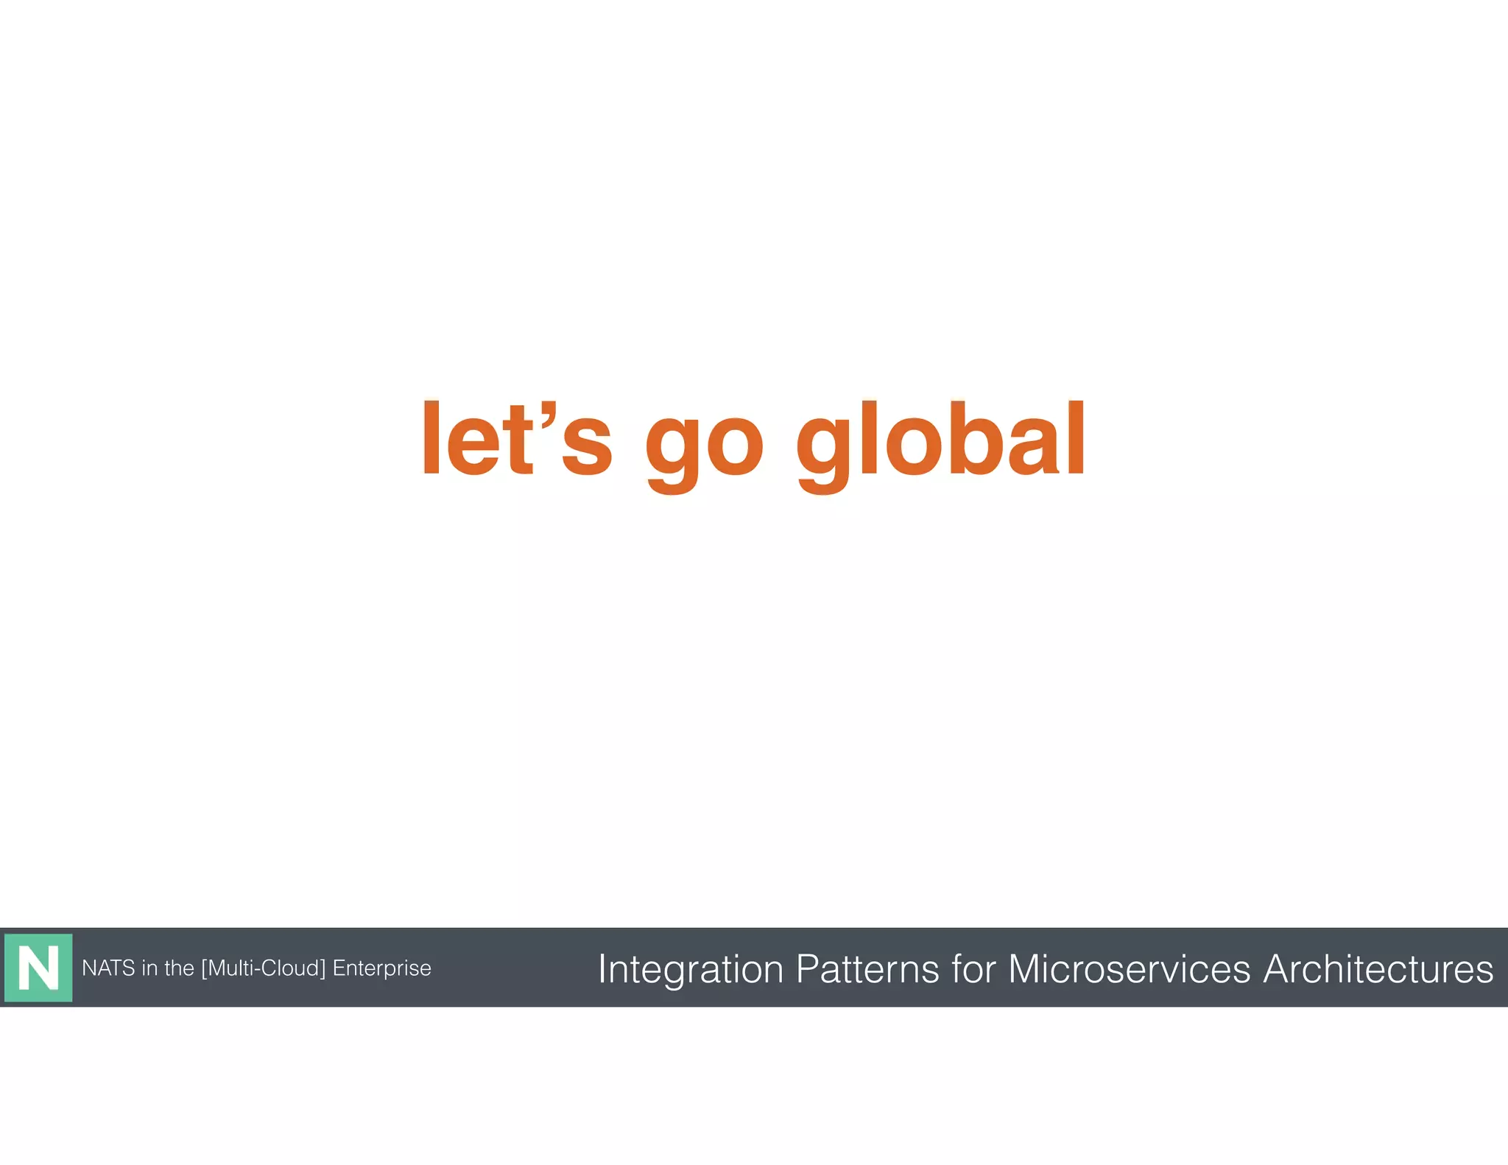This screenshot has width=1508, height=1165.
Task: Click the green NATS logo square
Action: pyautogui.click(x=38, y=968)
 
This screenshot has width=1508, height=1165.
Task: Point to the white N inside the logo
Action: pyautogui.click(x=38, y=968)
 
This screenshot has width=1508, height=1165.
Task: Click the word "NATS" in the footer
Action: pyautogui.click(x=108, y=968)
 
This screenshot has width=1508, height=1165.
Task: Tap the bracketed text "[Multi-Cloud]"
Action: pyautogui.click(x=263, y=968)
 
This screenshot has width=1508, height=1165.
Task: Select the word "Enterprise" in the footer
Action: pyautogui.click(x=381, y=968)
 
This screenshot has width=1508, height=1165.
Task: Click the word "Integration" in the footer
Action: pyautogui.click(x=691, y=969)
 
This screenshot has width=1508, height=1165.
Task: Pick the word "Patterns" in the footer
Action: pyautogui.click(x=867, y=968)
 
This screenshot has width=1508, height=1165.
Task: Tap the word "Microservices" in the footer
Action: pyautogui.click(x=1129, y=968)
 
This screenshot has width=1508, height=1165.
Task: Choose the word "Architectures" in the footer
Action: pyautogui.click(x=1378, y=968)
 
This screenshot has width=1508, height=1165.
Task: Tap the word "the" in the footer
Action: pyautogui.click(x=179, y=968)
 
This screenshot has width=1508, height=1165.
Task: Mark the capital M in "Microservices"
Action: pyautogui.click(x=1026, y=968)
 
